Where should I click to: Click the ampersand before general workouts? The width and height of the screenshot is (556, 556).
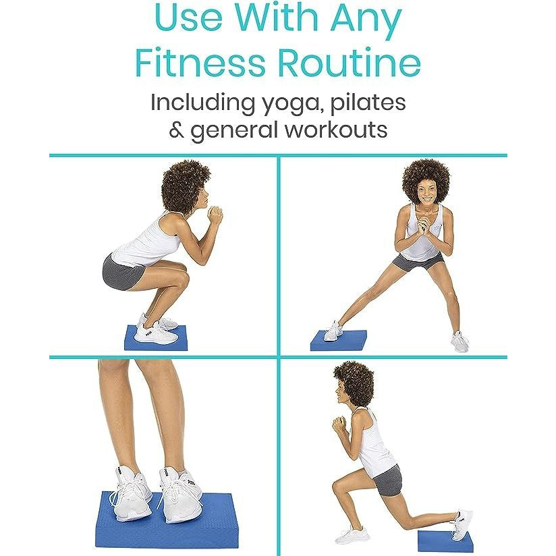(176, 130)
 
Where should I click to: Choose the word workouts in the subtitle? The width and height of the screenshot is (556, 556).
(336, 130)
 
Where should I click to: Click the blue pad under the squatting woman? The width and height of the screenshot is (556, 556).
(156, 338)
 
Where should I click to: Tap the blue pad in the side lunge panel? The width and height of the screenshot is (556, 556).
(339, 341)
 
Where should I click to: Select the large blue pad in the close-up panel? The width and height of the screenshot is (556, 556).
(167, 520)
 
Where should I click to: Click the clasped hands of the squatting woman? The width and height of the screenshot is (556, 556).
(215, 215)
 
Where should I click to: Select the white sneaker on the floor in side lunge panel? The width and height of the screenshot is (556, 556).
(460, 341)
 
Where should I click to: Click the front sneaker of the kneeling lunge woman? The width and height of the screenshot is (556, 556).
(350, 536)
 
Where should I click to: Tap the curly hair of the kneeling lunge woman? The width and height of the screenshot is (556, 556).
(355, 382)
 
